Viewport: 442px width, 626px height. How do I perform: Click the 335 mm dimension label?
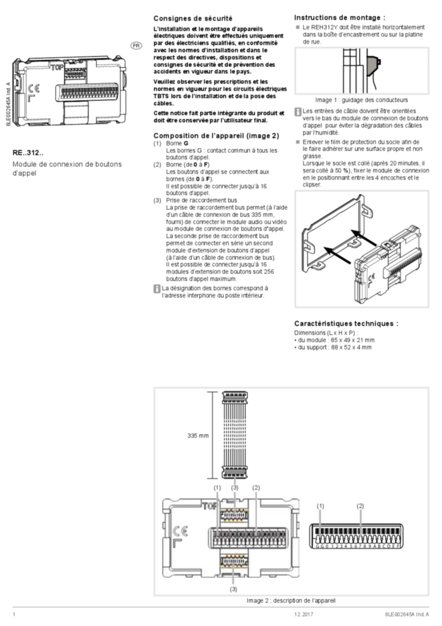point(198,435)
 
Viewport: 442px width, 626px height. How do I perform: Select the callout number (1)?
point(218,488)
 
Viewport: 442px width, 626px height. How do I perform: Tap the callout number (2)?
point(256,488)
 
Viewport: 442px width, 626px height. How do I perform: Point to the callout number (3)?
point(235,488)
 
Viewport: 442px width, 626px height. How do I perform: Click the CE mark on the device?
point(180,530)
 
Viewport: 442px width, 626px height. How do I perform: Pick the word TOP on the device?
point(209,506)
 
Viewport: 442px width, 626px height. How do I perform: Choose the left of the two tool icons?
point(320,523)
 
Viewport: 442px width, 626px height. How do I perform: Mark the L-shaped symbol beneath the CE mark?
point(178,544)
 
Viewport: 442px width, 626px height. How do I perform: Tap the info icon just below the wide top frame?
point(298,111)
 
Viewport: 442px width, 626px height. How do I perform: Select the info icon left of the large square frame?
point(157,288)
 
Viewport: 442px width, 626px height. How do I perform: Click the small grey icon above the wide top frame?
point(298,29)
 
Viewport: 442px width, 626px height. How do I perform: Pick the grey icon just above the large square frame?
point(298,141)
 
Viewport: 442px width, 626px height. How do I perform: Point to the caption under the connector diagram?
point(291,601)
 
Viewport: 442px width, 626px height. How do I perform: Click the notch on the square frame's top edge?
point(361,195)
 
